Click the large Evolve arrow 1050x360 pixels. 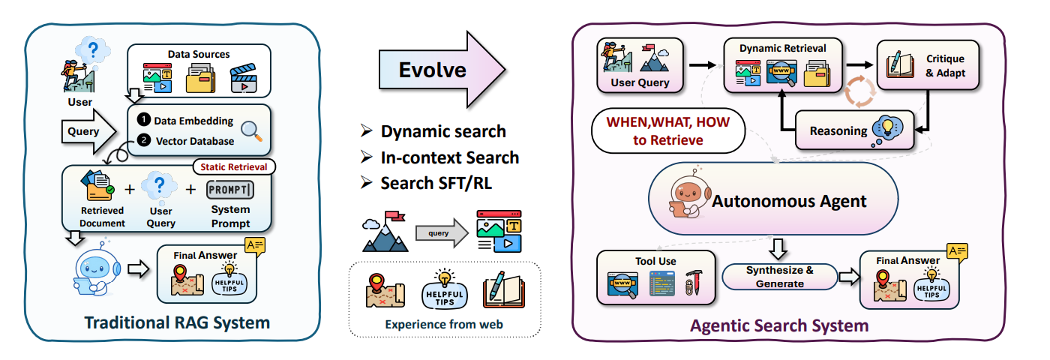point(441,70)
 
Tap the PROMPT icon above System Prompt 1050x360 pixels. point(230,188)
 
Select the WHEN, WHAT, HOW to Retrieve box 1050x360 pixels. point(667,130)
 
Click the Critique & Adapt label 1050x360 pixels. point(945,66)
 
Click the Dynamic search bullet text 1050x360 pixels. point(443,132)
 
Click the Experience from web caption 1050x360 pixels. point(444,325)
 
